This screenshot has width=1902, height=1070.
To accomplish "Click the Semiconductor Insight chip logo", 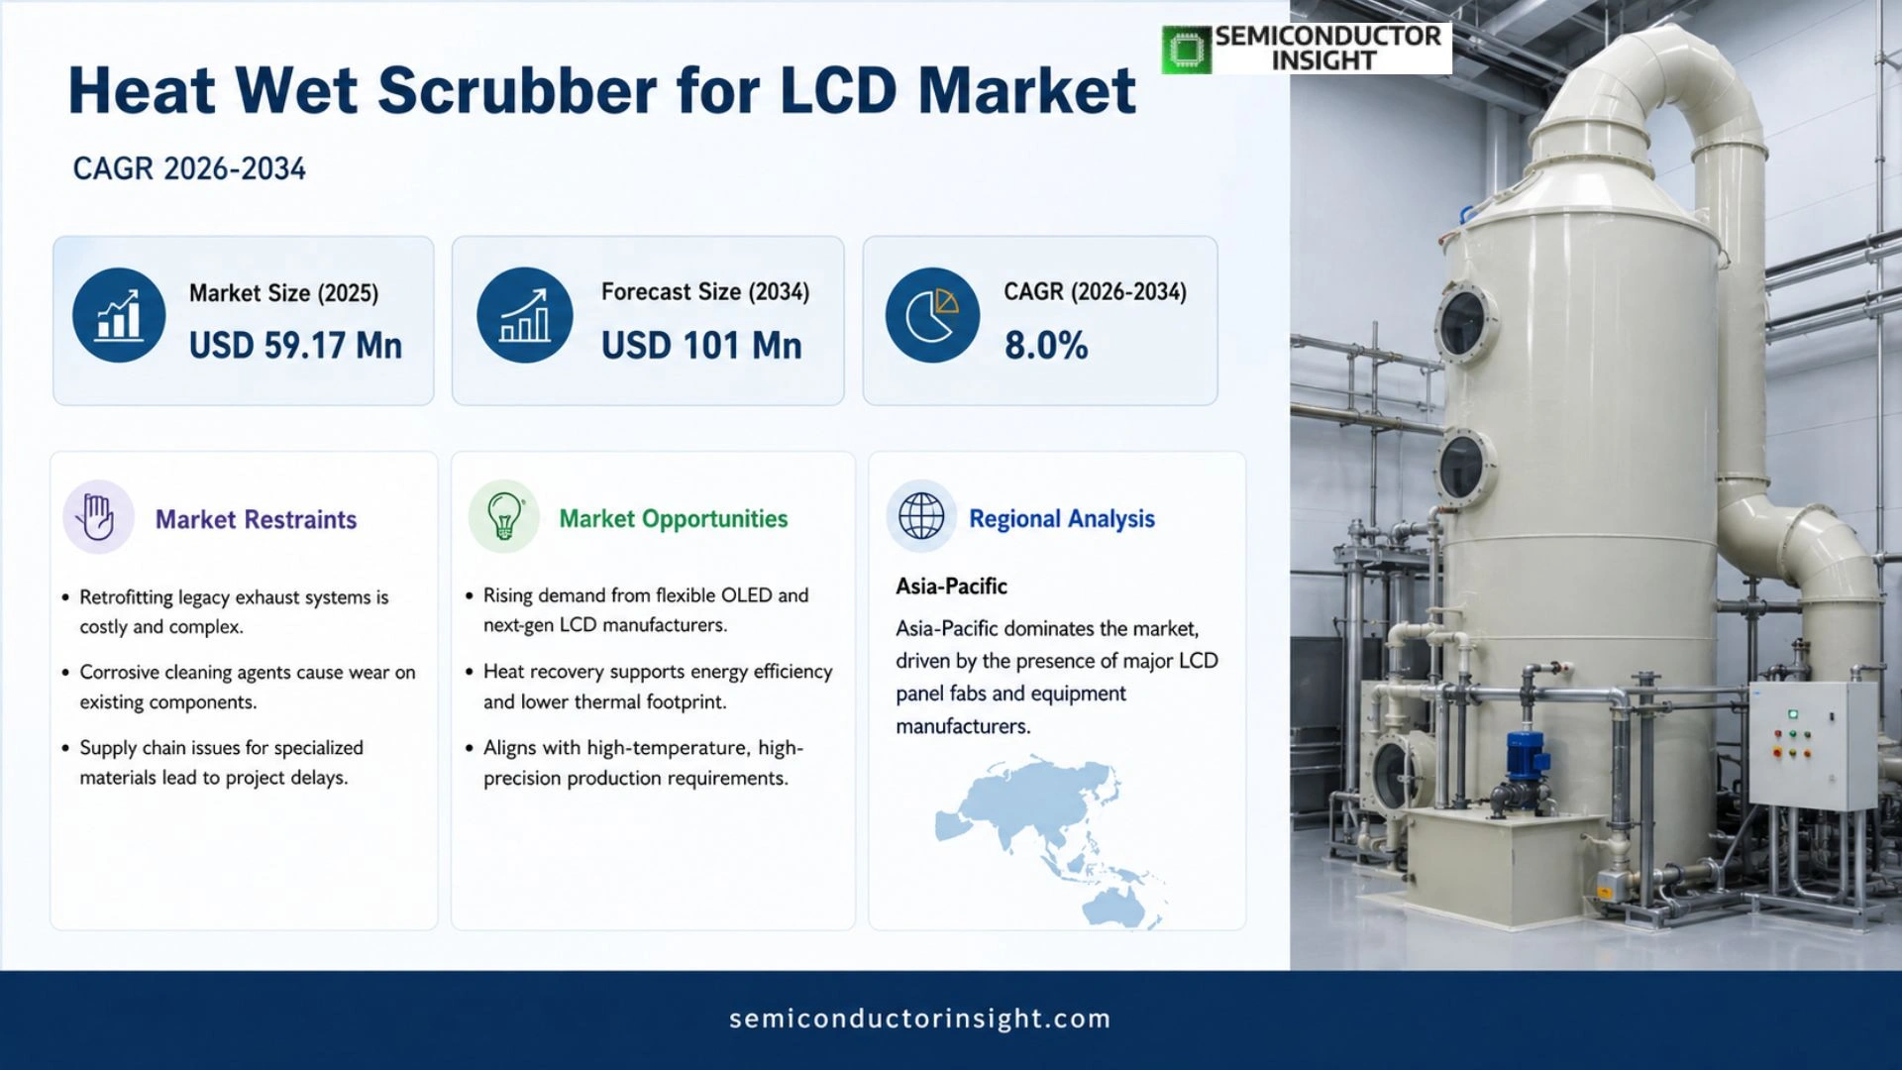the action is tap(1187, 50).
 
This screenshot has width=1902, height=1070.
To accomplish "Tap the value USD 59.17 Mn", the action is tap(295, 346).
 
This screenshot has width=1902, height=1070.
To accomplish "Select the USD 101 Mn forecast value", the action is tap(701, 346).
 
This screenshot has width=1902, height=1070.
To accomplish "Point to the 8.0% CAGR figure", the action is tap(1046, 346).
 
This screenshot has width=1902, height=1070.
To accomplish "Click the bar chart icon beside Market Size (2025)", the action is tap(119, 315).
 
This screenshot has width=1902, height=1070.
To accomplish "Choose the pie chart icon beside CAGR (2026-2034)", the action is tap(932, 315).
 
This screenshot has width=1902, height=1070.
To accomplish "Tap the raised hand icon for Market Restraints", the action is tap(98, 517).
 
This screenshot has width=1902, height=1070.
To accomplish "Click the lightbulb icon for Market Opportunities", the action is tap(504, 517).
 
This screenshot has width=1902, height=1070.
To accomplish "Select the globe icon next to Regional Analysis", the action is tap(921, 516).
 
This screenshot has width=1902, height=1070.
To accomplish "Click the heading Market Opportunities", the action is tap(674, 518).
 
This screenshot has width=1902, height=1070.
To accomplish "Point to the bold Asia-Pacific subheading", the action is tap(951, 587).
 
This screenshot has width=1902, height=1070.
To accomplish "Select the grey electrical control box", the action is tap(1811, 745).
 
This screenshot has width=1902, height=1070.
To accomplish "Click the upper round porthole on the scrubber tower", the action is tap(1464, 324).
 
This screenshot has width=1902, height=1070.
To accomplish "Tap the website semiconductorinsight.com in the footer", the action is tap(920, 1018).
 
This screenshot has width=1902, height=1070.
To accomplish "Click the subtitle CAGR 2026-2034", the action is tap(189, 168).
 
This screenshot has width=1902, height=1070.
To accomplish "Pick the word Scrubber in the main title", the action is tap(517, 91).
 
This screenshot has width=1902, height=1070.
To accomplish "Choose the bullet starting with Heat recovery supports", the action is tap(650, 687).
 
